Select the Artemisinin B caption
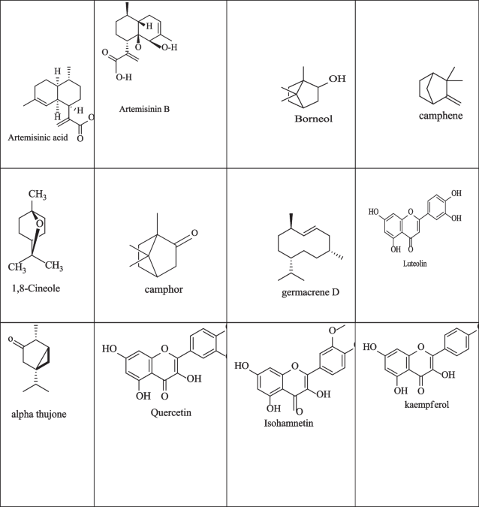click(145, 109)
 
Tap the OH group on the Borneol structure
click(338, 79)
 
